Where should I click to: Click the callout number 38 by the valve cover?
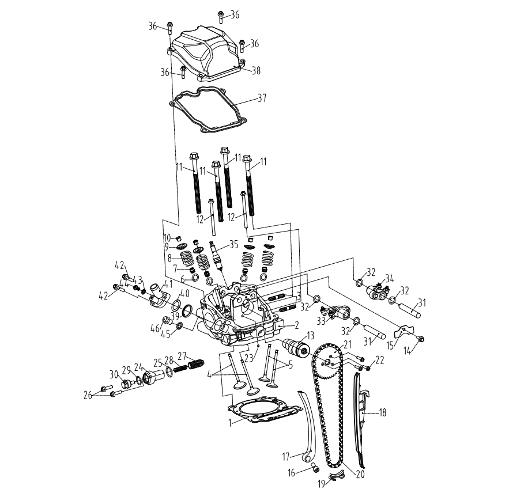click(256, 70)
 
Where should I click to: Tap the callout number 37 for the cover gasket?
click(262, 98)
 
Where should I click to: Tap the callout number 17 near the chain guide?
click(285, 456)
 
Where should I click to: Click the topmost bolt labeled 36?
click(220, 15)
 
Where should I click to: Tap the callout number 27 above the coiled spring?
click(182, 355)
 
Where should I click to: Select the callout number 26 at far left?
click(88, 395)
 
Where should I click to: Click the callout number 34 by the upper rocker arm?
click(390, 278)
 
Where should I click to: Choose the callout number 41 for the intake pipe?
click(168, 283)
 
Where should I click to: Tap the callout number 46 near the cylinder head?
click(154, 328)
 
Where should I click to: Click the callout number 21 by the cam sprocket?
click(348, 344)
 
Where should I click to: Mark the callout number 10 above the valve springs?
click(167, 237)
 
